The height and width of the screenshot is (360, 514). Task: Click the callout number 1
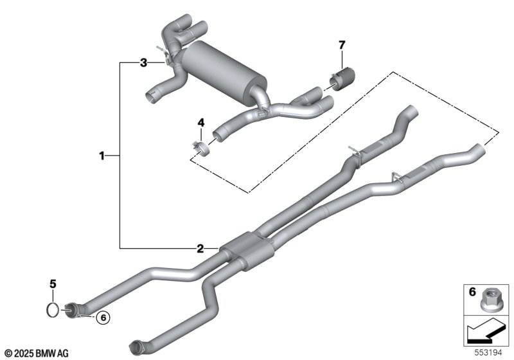click(x=102, y=155)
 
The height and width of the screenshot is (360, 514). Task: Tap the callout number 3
click(x=145, y=62)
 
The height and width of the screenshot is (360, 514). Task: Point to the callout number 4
click(x=200, y=122)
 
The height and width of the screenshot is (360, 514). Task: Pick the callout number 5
click(x=54, y=283)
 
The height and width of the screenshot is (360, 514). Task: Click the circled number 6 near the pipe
click(x=101, y=316)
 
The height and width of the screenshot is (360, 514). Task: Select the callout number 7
click(x=342, y=44)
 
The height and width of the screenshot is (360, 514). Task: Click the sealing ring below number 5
click(x=54, y=310)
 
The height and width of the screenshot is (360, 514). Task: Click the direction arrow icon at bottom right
click(x=486, y=332)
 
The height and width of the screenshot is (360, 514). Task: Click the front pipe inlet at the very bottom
click(x=136, y=347)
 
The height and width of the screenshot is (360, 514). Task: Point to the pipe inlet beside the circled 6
click(x=72, y=310)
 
